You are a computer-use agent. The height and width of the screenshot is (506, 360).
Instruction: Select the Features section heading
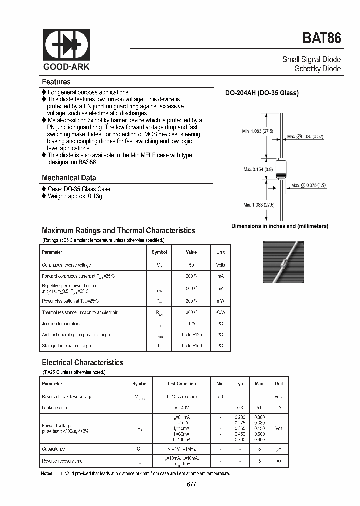coord(56,82)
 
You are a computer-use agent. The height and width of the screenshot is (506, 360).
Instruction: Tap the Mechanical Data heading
coord(69,178)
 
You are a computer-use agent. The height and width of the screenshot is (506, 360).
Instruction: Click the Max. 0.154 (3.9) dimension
coord(258,169)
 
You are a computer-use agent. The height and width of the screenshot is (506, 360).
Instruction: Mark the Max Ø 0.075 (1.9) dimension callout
coord(308,186)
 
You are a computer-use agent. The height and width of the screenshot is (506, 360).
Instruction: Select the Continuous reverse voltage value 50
coord(191,265)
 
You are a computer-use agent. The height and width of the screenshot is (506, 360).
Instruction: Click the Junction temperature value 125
coord(191,323)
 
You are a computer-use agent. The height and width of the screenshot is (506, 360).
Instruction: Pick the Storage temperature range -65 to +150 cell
coord(191,346)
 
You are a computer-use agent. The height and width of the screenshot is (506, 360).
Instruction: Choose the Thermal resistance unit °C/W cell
coord(220,312)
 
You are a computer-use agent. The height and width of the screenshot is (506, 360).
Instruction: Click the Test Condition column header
coord(181,384)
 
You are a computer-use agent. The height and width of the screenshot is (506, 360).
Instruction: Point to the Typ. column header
coord(240,384)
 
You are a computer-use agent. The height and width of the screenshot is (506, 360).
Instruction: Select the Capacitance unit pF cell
coord(278,449)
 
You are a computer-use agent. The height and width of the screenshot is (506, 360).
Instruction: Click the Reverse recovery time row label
coord(63,461)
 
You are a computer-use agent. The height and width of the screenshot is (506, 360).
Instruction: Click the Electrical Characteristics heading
coord(82,363)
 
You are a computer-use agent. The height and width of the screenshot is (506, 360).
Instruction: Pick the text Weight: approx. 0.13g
coord(74,196)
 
